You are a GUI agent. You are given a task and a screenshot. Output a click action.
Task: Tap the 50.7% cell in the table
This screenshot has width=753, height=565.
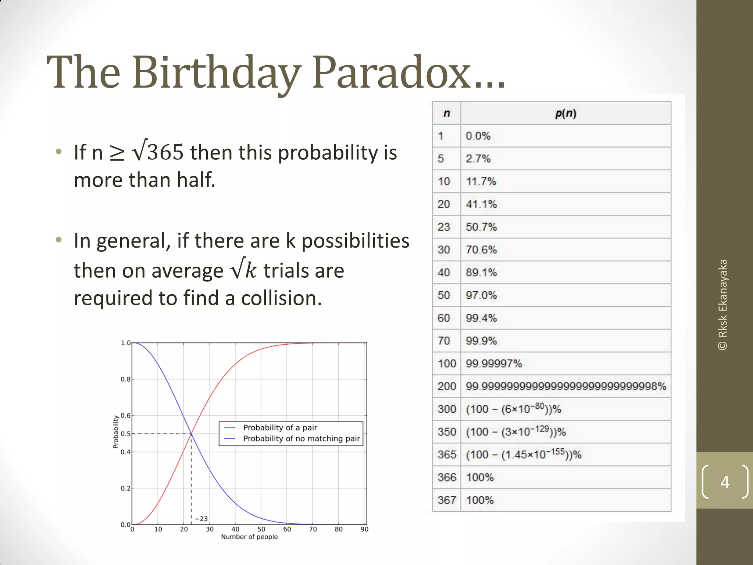pos(481,227)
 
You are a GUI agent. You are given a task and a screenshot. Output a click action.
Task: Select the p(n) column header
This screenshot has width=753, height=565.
pos(565,113)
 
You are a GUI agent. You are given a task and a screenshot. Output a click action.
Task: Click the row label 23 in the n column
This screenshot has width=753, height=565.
pos(444,227)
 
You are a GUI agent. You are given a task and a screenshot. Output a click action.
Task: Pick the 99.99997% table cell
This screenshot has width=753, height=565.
pos(493,364)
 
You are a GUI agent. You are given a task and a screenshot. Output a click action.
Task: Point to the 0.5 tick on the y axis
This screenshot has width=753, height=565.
pos(126,434)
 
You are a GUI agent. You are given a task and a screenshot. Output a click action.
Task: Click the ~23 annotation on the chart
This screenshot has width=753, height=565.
pos(201,519)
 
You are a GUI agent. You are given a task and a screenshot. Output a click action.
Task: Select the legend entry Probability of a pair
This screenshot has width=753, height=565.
pos(280,428)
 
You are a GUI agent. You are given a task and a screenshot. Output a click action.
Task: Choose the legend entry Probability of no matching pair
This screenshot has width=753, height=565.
pos(301,438)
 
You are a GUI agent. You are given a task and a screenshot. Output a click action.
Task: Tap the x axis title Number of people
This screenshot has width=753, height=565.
pos(249,537)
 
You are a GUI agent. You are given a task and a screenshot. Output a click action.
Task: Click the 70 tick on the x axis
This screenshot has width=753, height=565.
pos(313,529)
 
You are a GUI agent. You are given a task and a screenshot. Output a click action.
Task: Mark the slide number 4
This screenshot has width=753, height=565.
pos(725,482)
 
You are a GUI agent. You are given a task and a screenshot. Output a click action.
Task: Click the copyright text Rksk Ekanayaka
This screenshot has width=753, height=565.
pos(723,305)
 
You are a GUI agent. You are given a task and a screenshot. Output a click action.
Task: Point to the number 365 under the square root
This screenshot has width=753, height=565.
pos(165,152)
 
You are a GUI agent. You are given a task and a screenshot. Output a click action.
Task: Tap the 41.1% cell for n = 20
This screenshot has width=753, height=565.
pos(481,204)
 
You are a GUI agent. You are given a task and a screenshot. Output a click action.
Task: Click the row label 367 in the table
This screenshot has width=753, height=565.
pos(447,500)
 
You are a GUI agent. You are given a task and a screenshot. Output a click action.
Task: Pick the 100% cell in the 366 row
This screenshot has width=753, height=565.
pos(479,477)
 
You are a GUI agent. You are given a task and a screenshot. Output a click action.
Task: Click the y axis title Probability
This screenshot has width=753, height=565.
pos(115,432)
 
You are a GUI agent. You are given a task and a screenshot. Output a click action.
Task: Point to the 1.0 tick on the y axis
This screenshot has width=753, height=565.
pos(126,343)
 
